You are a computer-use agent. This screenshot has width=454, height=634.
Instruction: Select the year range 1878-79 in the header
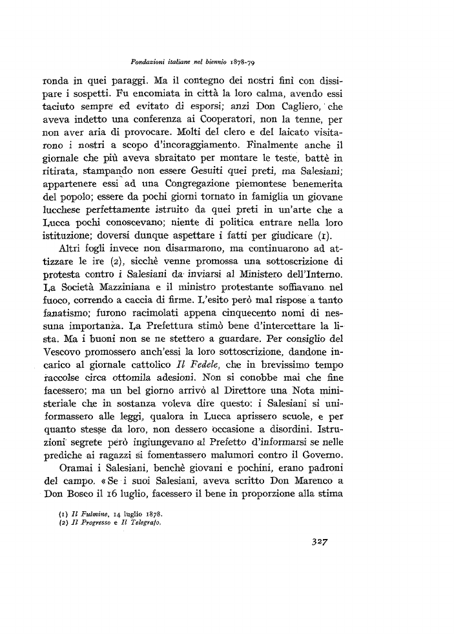(253, 61)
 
